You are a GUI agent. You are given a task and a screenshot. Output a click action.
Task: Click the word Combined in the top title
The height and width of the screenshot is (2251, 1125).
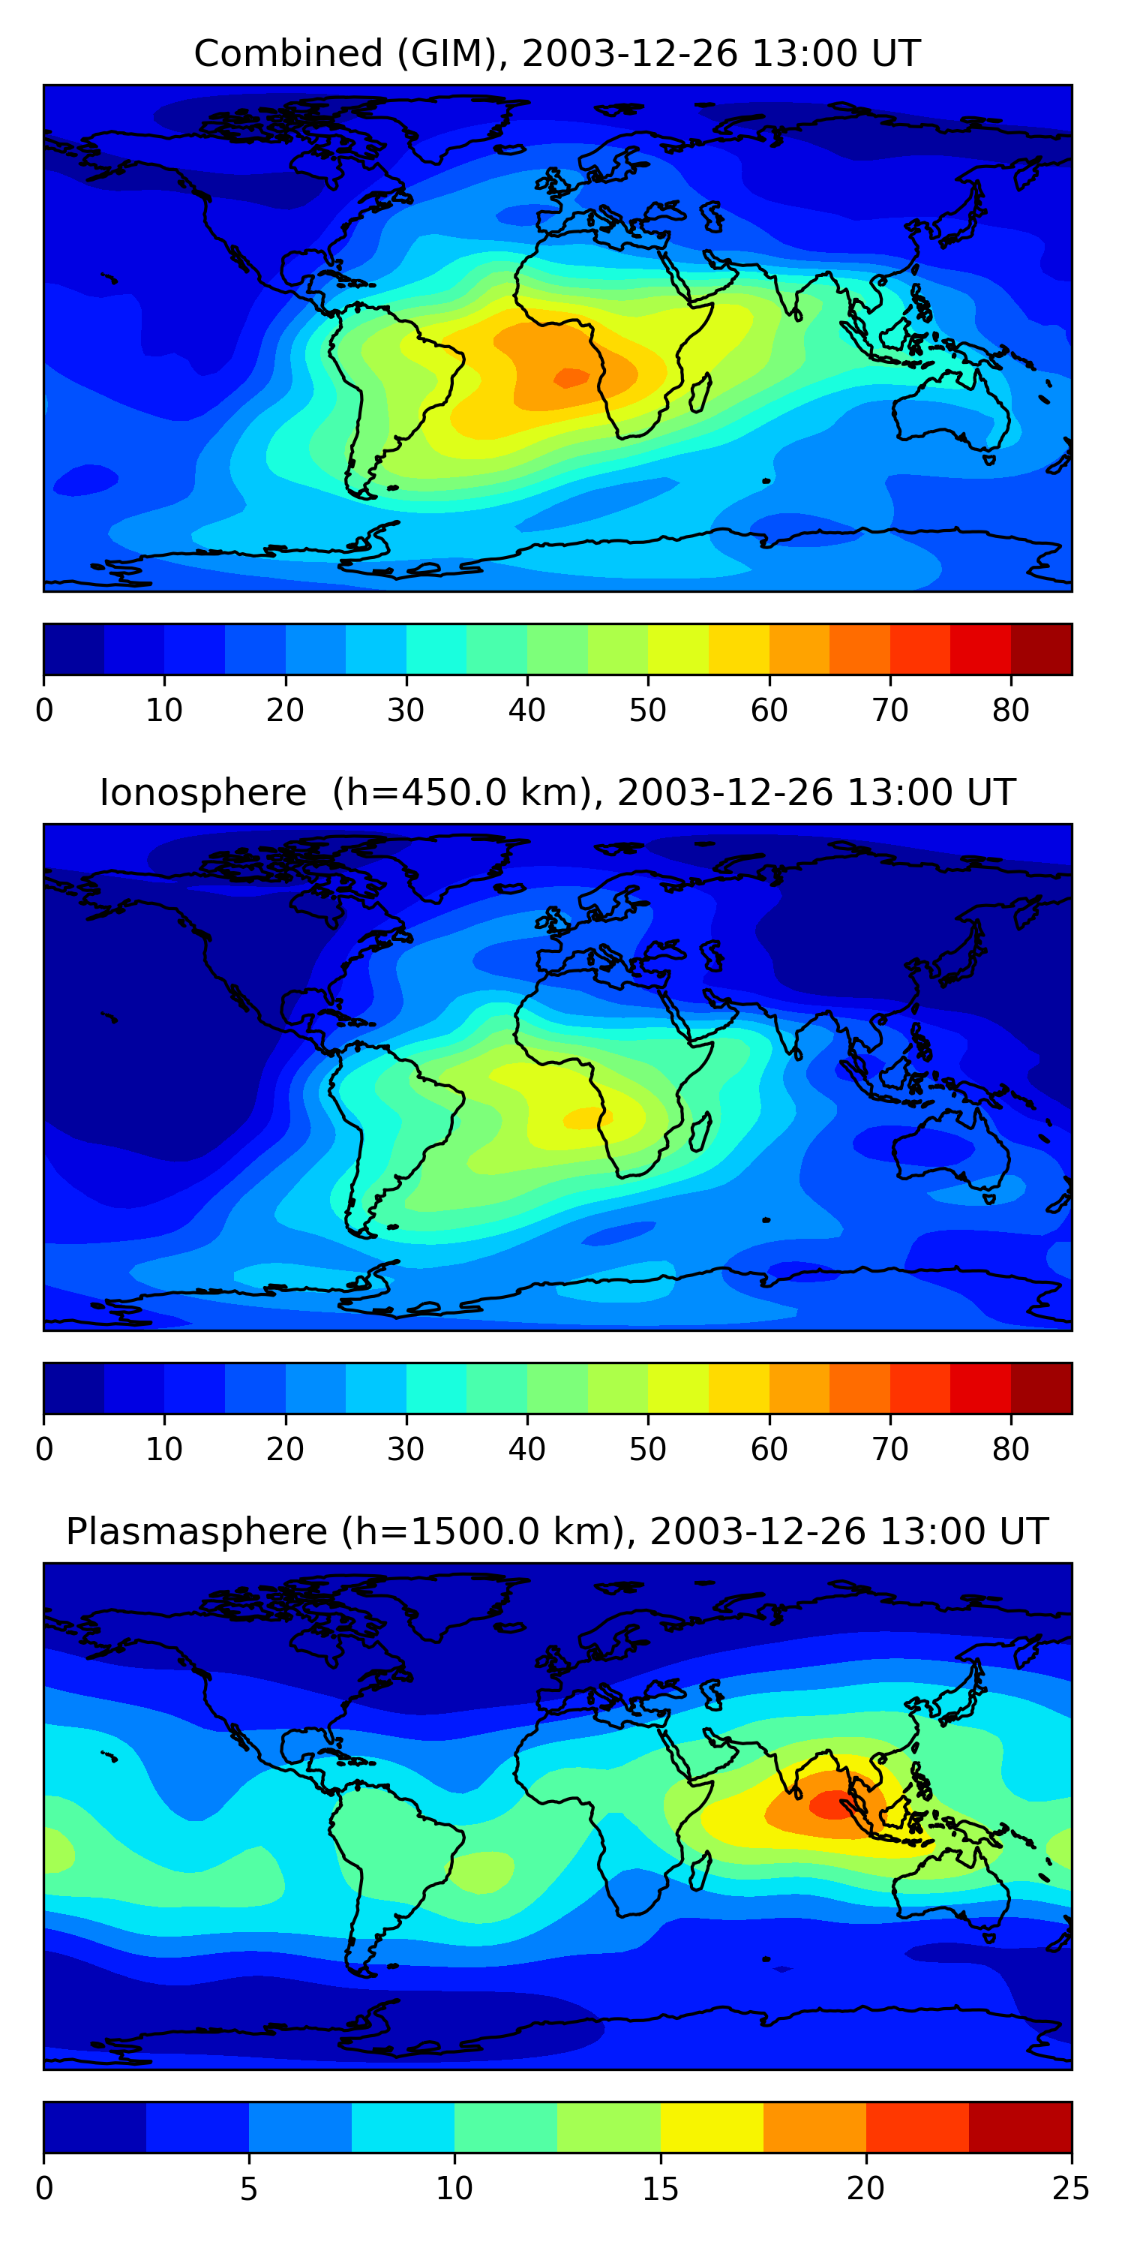287,54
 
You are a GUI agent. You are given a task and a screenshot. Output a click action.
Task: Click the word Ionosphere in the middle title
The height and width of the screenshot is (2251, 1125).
202,793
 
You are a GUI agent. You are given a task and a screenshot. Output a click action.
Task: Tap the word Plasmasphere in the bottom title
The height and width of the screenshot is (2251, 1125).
196,1532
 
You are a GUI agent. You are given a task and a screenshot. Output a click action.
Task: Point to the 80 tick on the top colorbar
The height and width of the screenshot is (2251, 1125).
1010,710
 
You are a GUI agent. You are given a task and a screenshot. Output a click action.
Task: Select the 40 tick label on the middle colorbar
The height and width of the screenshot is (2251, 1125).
526,1449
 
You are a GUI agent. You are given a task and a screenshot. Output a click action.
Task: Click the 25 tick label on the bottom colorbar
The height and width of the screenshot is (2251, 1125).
1070,2188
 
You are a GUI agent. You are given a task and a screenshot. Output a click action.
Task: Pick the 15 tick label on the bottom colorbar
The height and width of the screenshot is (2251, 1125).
659,2188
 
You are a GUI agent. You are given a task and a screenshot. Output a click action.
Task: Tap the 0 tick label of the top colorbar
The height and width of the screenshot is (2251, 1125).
44,710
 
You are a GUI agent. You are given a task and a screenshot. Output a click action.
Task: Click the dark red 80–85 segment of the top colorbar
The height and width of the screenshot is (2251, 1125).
1041,649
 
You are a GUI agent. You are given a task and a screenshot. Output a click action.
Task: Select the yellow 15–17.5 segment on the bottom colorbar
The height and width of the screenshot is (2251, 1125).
711,2127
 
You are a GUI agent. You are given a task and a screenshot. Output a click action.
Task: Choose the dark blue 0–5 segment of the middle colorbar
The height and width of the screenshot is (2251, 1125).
74,1387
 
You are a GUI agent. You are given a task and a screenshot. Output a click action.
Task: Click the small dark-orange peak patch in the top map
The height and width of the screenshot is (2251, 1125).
572,377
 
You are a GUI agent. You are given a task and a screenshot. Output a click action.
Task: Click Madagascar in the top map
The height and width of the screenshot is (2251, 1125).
700,393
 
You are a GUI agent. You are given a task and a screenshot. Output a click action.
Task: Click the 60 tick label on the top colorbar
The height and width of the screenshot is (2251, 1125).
769,710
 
